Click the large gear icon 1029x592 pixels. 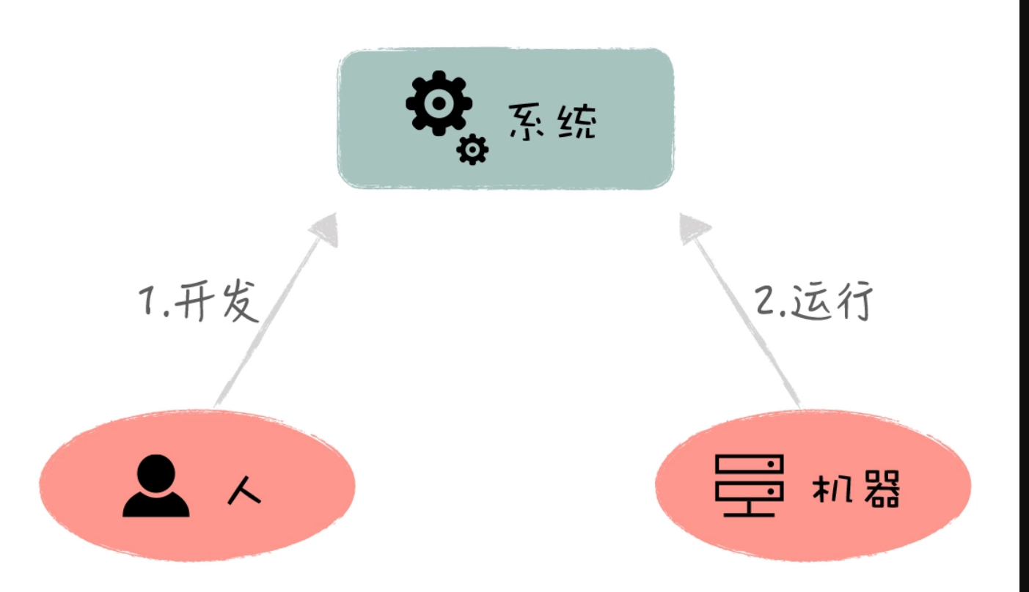pos(439,103)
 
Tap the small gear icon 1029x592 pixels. pos(472,150)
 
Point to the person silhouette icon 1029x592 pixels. pos(156,486)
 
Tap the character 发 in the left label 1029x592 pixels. pos(238,300)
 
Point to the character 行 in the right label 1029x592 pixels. pos(854,300)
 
